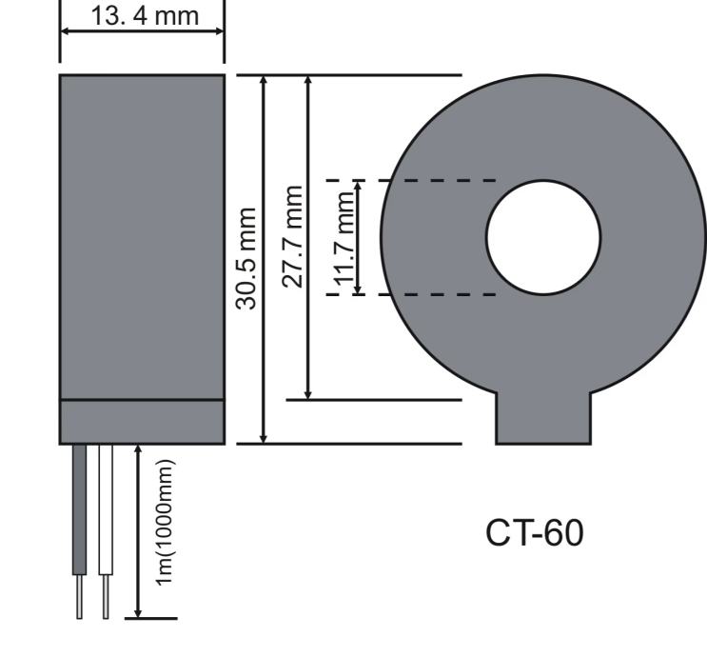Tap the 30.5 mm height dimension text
247,257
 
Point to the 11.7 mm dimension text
344,237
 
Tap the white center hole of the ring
543,237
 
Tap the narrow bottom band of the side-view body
142,421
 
